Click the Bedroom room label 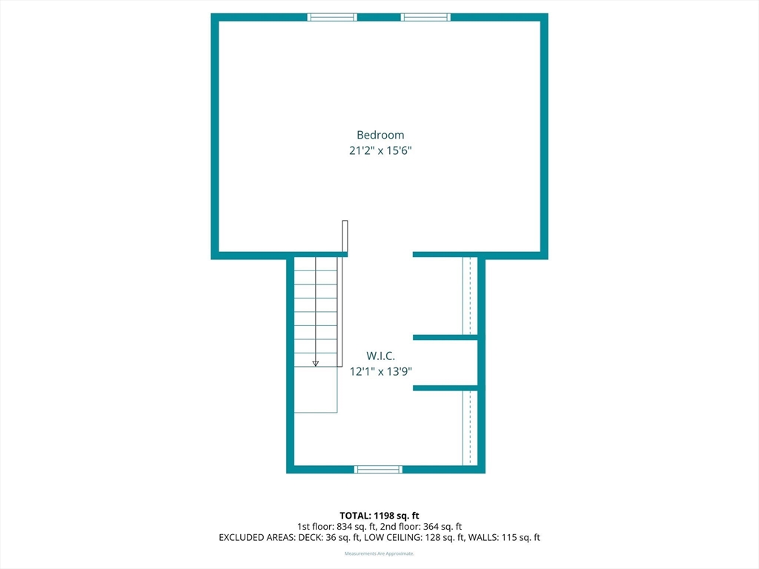point(380,135)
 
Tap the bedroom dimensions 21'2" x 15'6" point(380,150)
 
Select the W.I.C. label point(380,356)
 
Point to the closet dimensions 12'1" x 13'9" point(380,372)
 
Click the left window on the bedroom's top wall point(332,18)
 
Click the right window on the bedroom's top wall point(425,18)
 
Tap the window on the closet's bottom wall point(378,469)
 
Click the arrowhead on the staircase point(316,363)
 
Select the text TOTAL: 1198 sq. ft point(379,516)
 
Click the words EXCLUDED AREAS point(256,538)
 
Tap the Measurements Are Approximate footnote point(379,553)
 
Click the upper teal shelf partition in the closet point(445,337)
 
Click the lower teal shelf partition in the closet point(445,388)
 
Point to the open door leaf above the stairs point(345,236)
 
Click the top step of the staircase point(316,264)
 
